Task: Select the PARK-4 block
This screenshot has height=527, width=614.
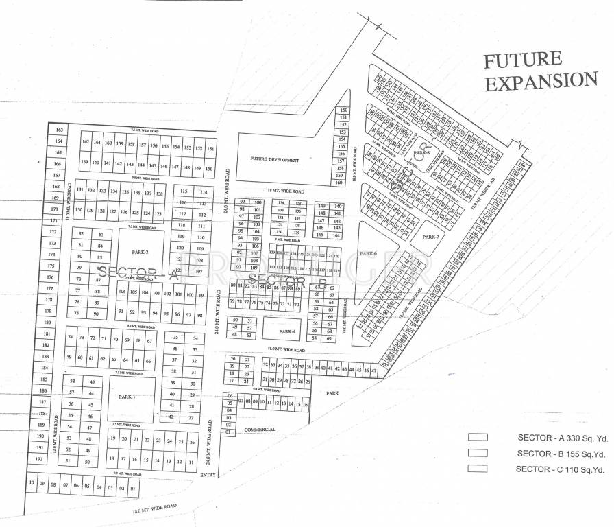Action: [x=287, y=331]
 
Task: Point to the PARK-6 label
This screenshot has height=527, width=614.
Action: [x=369, y=254]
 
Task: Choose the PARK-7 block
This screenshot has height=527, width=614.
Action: [x=430, y=237]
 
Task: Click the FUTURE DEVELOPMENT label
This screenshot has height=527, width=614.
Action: [x=275, y=160]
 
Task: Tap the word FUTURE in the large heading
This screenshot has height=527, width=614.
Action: [x=522, y=60]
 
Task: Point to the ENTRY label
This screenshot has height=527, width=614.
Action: [x=208, y=475]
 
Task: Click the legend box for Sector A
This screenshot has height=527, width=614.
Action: [x=478, y=437]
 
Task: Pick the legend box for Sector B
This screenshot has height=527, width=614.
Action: [x=478, y=453]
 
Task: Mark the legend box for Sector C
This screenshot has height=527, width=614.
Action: [x=478, y=469]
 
